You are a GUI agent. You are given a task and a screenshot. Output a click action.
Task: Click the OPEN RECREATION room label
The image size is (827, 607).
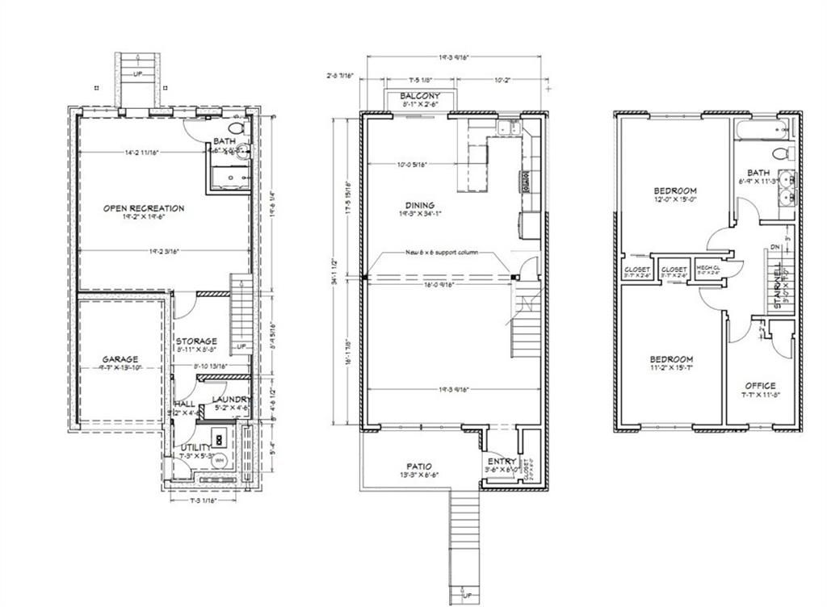click(144, 208)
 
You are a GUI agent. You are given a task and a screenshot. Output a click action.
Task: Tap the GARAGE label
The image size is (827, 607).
click(120, 359)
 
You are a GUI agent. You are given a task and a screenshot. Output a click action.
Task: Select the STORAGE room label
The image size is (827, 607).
click(196, 341)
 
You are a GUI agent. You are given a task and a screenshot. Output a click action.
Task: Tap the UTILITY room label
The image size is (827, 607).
click(195, 446)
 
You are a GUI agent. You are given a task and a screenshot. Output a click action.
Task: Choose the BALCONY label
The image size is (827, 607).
click(420, 96)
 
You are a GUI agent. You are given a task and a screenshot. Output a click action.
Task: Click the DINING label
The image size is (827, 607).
click(420, 205)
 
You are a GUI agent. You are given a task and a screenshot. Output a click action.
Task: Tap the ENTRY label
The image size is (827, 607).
click(502, 462)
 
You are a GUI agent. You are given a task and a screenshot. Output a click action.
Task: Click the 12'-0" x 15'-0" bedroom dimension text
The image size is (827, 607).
click(674, 199)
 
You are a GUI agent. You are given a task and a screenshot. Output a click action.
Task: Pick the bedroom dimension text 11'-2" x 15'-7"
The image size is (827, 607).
click(671, 367)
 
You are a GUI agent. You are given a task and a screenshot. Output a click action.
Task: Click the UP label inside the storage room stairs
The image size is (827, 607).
click(241, 347)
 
